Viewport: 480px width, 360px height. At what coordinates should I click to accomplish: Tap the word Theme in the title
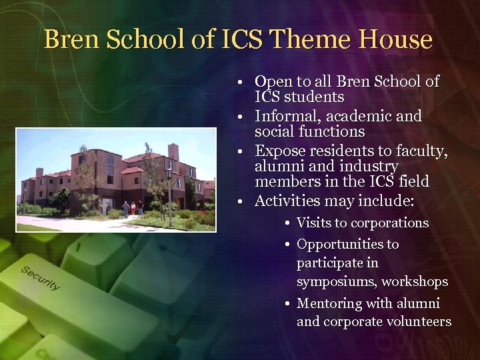pos(298,40)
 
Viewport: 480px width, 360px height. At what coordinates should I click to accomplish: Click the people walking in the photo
pos(133,208)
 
